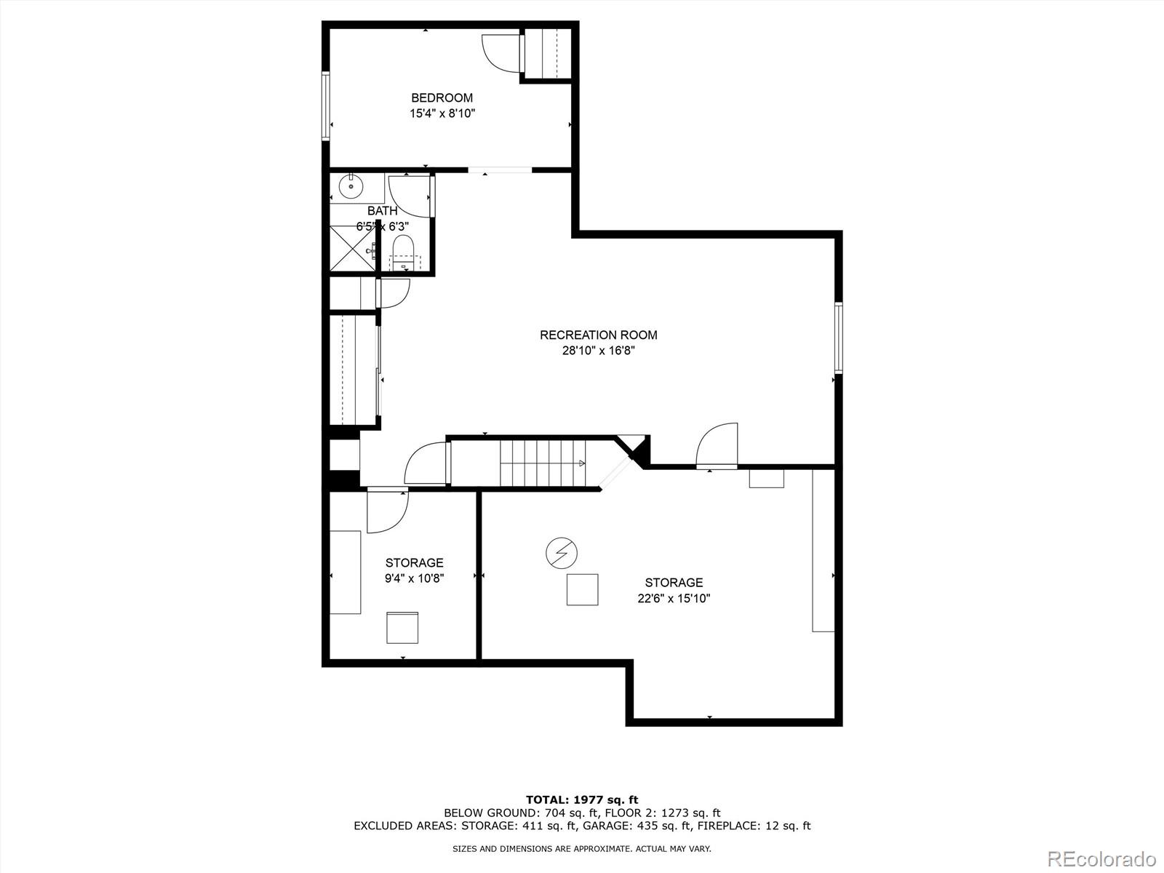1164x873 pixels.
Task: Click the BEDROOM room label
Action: pos(442,97)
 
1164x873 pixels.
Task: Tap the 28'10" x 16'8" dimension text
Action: pos(598,350)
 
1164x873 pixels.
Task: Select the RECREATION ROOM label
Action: pos(598,335)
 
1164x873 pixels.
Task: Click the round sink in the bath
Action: pos(351,186)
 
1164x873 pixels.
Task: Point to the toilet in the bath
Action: pos(402,252)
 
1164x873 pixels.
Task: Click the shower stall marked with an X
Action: pos(352,248)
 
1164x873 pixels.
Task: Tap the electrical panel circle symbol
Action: pos(561,554)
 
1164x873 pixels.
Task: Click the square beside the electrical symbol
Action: pos(582,589)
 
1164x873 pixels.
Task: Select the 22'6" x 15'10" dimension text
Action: pos(674,598)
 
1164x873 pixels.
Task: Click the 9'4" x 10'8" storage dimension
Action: pos(414,578)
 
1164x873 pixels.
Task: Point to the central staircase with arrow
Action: pos(543,463)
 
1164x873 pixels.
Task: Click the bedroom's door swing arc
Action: pos(501,52)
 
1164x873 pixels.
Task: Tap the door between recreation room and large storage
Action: pos(718,445)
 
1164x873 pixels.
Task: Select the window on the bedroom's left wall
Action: pos(326,105)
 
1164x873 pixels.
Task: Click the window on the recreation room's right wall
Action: pos(838,338)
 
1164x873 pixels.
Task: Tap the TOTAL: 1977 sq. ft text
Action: pos(582,800)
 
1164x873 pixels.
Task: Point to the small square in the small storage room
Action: pos(402,627)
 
